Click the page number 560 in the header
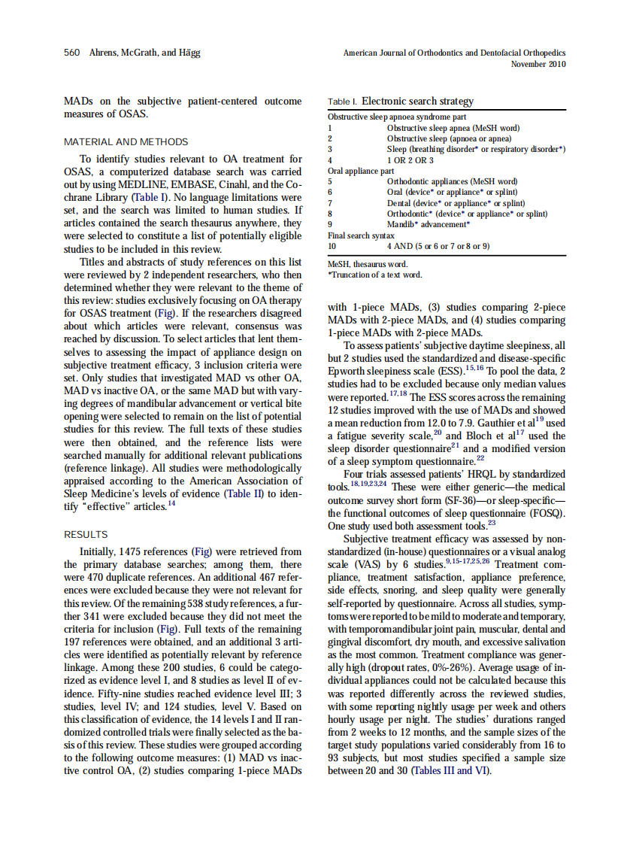(72, 53)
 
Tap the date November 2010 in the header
(538, 64)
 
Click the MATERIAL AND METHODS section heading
(126, 141)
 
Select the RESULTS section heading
(86, 534)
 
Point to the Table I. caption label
(343, 102)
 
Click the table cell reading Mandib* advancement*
(428, 224)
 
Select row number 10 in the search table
(332, 246)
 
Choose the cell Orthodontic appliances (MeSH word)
(452, 181)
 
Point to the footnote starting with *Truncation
(374, 275)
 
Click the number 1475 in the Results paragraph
(132, 551)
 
